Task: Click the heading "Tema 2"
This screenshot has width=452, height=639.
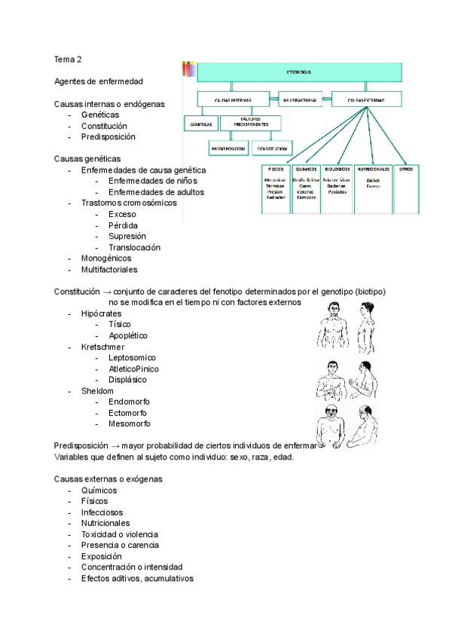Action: click(68, 58)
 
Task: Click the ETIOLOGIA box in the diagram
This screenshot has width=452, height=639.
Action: click(298, 72)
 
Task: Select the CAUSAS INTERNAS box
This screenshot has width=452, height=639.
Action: click(232, 99)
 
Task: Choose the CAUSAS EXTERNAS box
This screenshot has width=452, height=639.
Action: click(367, 99)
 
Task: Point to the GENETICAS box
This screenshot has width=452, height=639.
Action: click(201, 124)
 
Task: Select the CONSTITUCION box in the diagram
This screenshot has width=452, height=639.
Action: click(272, 148)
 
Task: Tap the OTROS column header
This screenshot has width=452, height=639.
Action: click(405, 170)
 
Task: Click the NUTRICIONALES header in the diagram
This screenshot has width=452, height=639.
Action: click(373, 170)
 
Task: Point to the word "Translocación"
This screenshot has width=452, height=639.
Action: click(134, 247)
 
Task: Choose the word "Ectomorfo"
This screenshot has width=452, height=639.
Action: click(127, 413)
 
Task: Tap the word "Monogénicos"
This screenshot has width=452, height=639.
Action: click(106, 258)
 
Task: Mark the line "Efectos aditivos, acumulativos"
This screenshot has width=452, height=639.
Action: click(137, 579)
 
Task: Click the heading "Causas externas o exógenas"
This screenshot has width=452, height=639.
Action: click(108, 479)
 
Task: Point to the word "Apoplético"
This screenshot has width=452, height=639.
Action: click(128, 335)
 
